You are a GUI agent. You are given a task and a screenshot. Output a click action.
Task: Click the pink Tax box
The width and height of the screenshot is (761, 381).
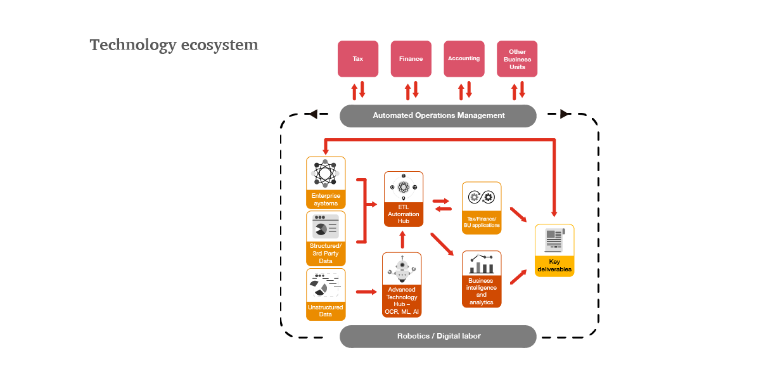tap(358, 59)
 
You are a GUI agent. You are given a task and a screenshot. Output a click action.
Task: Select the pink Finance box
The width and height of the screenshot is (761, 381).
tap(411, 59)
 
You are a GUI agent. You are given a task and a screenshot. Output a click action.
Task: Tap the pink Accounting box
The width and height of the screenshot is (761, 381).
tap(464, 59)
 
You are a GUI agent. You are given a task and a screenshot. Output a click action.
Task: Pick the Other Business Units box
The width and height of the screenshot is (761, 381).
tap(517, 59)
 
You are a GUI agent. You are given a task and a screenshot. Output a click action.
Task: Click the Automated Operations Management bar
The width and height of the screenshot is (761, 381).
tap(438, 115)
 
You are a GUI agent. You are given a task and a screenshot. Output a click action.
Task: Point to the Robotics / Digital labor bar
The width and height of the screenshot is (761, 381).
tap(438, 336)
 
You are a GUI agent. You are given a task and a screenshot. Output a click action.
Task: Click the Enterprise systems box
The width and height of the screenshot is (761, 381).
tap(326, 183)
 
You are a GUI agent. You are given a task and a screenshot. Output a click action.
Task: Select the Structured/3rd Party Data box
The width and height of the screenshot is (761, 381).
tap(326, 238)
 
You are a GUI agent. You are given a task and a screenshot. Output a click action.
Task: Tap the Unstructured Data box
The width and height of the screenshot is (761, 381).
tap(326, 294)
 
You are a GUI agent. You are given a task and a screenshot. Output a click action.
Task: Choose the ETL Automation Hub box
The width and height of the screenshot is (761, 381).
tap(404, 198)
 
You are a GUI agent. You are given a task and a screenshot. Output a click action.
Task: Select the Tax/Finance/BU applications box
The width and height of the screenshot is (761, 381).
tap(482, 208)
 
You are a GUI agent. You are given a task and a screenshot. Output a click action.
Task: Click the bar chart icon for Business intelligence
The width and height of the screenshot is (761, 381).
tap(482, 263)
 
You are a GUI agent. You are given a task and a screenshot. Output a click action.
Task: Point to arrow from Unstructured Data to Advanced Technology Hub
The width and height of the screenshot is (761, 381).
tap(366, 292)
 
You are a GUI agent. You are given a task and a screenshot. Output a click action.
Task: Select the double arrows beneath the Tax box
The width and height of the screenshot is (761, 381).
tap(359, 90)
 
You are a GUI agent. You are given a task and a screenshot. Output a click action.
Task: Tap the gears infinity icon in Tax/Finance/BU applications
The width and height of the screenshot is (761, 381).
tap(482, 197)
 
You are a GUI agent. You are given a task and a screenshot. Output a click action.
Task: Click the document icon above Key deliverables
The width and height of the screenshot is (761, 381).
tap(554, 240)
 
